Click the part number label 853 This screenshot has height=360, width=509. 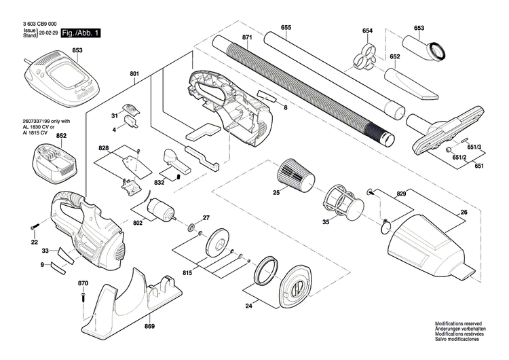point(77,50)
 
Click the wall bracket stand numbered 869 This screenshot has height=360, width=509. point(136,299)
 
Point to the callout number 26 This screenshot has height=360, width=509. point(464,213)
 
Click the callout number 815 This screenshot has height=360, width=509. point(187,272)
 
